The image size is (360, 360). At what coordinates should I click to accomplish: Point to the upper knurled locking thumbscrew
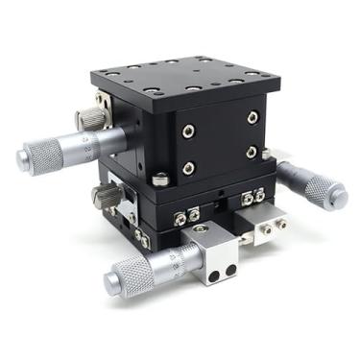(92, 118)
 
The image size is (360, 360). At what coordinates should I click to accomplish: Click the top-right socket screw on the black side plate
(252, 118)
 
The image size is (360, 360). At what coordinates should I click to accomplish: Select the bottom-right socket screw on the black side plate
(252, 152)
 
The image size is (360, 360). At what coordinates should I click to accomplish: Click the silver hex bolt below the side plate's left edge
(161, 178)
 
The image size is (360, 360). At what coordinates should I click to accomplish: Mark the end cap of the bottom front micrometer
(110, 280)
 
